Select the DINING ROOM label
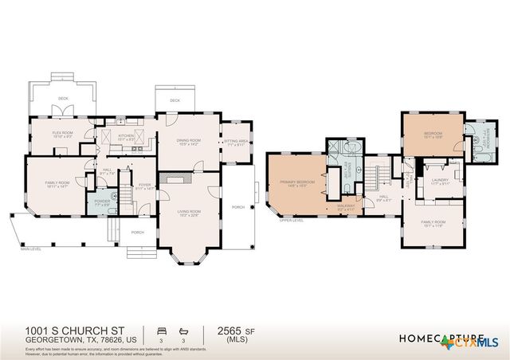coord(188,142)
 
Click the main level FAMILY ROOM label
coord(57,184)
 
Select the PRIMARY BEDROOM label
coord(296,183)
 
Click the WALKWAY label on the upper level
coord(346,206)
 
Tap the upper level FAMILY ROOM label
coord(433,223)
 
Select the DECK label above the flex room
coord(62,99)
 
